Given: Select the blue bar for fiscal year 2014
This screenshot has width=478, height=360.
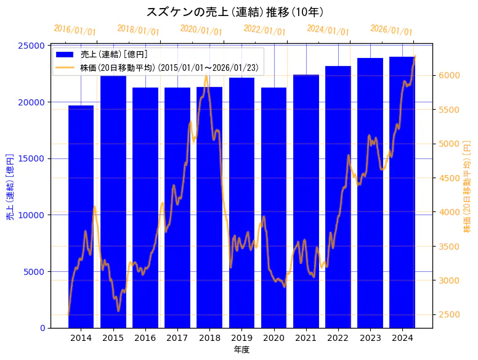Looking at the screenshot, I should (81, 216).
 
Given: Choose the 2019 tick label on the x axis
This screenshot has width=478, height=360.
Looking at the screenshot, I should (241, 338).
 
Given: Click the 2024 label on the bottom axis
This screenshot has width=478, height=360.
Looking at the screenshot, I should (402, 338).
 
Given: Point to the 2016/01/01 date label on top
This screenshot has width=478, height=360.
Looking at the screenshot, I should (75, 30).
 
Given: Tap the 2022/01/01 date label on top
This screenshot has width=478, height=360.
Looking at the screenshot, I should (264, 30).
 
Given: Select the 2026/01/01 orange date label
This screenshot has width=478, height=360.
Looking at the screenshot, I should (391, 30).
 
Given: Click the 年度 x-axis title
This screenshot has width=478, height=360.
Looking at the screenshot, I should (241, 350).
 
